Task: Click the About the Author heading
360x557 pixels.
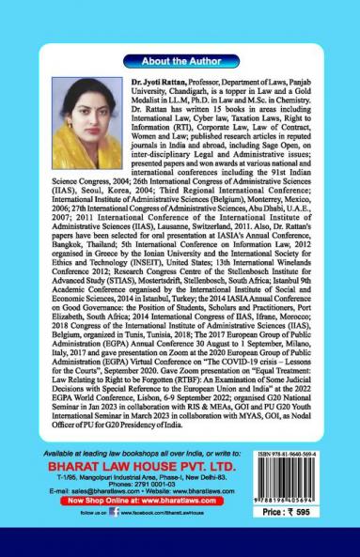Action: tap(179, 61)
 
